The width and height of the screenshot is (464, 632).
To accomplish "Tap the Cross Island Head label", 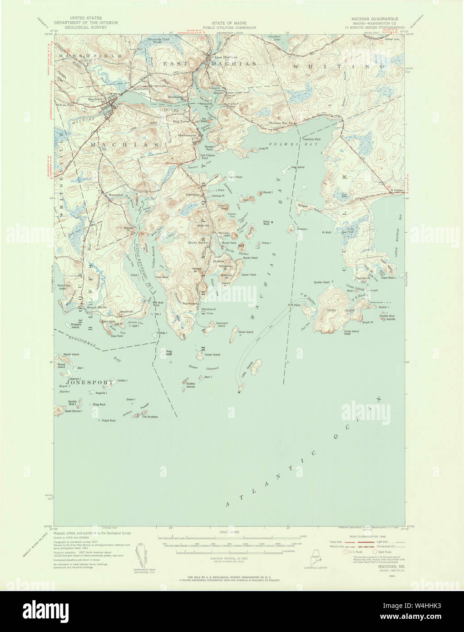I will (351, 332).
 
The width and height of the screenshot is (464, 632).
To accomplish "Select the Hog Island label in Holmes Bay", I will (298, 167).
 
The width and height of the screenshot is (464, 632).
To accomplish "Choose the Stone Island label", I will (246, 332).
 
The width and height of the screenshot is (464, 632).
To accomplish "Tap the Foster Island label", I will (212, 354).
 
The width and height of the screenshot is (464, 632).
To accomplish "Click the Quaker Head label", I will (321, 282).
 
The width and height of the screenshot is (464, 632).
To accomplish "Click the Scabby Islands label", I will (191, 385).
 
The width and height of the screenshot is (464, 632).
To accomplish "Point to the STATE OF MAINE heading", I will (229, 23).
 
